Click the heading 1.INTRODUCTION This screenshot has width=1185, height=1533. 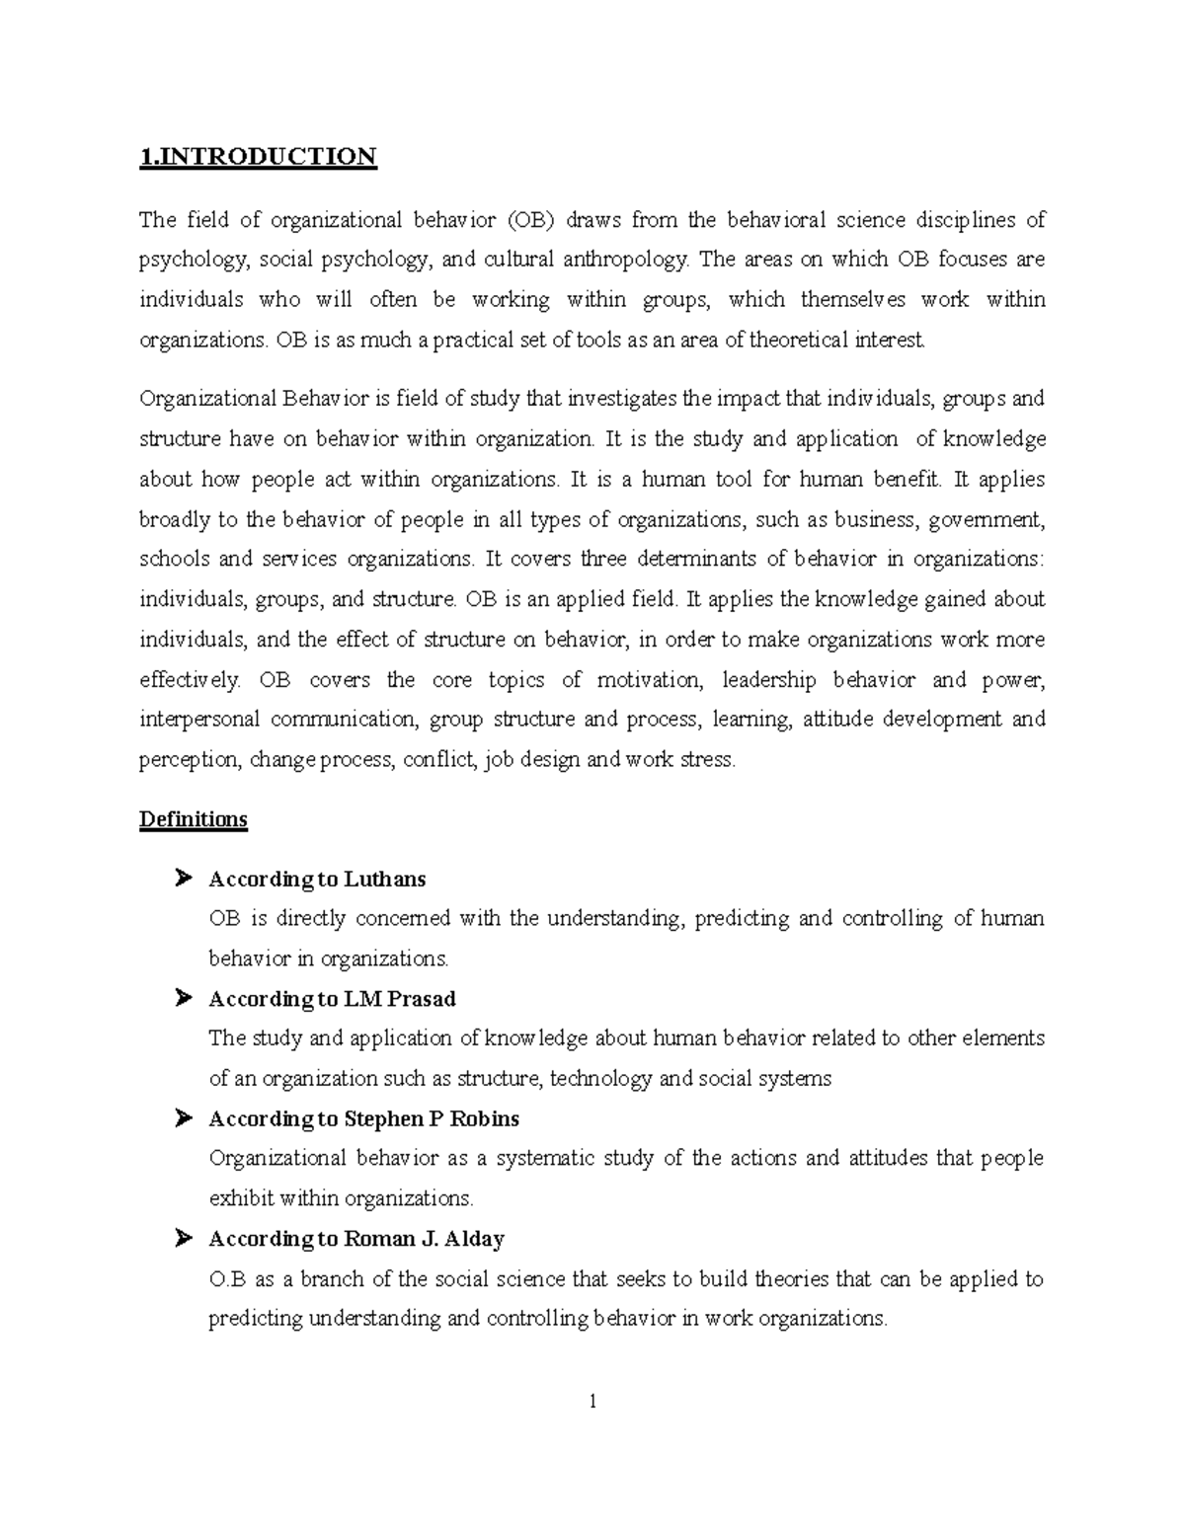258,157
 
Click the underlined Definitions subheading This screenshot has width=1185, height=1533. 194,819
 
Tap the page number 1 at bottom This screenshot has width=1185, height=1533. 592,1401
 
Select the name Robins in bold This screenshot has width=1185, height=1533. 485,1118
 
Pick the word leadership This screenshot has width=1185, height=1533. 769,679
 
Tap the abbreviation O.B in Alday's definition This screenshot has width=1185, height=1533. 228,1279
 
